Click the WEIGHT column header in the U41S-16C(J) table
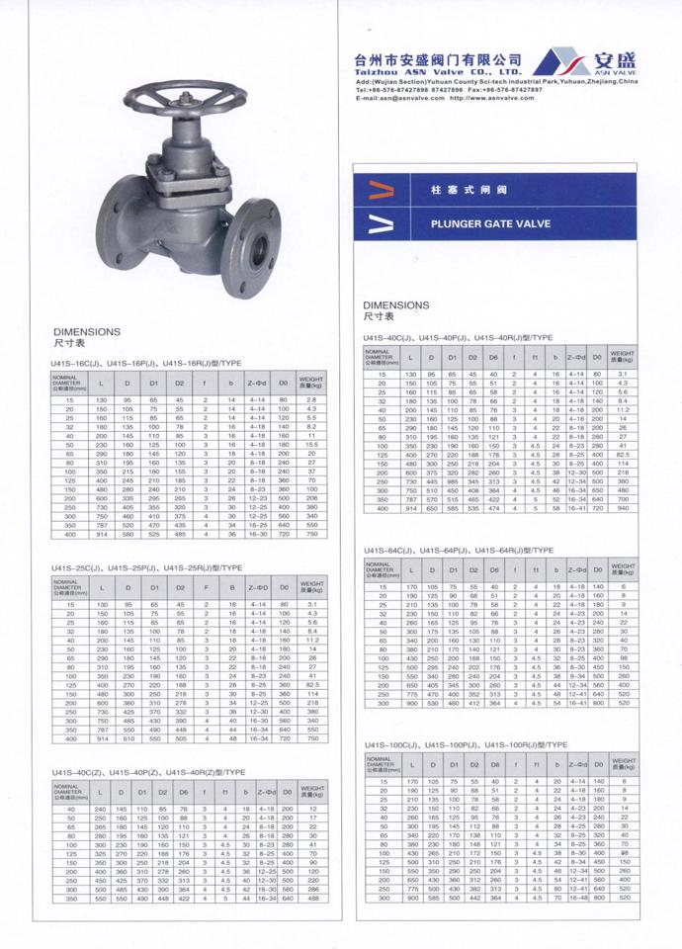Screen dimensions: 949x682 pos(309,382)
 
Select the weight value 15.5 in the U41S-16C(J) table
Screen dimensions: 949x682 pos(309,447)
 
